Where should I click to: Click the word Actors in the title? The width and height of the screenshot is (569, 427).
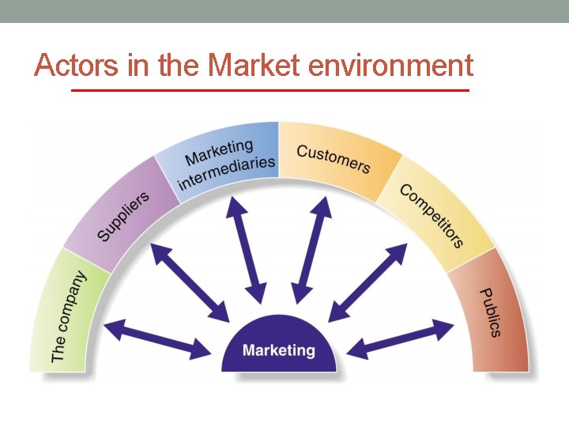point(77,65)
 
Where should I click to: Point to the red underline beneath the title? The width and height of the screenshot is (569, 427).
point(269,91)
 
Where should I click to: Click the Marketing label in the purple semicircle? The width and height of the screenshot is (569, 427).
point(278,350)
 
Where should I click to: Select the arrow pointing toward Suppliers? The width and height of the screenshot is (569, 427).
point(190,282)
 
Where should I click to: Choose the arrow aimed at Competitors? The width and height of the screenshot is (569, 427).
point(367,282)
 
